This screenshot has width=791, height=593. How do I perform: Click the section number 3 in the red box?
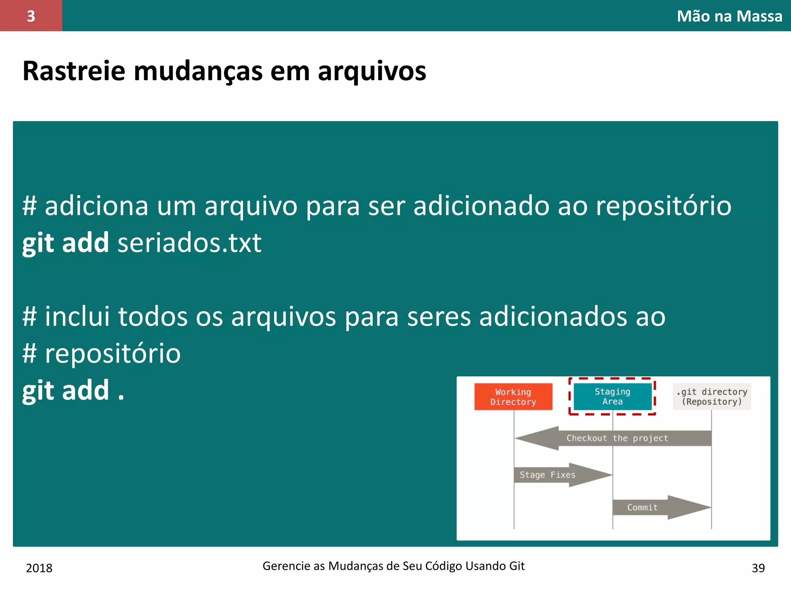click(31, 16)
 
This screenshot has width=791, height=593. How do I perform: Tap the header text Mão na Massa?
click(729, 16)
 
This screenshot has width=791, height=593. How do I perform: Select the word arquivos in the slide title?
click(372, 72)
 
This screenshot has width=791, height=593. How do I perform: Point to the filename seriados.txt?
click(189, 243)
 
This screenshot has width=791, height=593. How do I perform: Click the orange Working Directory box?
click(513, 396)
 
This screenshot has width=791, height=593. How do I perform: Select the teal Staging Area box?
click(612, 396)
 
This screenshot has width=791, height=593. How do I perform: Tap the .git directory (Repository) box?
click(711, 396)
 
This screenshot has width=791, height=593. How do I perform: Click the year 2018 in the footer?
click(39, 568)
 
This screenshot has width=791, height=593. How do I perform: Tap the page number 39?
click(758, 568)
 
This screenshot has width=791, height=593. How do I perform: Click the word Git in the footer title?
click(516, 566)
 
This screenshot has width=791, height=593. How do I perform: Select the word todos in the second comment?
click(153, 317)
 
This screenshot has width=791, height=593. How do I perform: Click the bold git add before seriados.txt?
click(65, 243)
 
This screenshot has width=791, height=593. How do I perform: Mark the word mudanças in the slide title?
click(198, 72)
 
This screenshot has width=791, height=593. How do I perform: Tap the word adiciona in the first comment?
click(97, 206)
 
